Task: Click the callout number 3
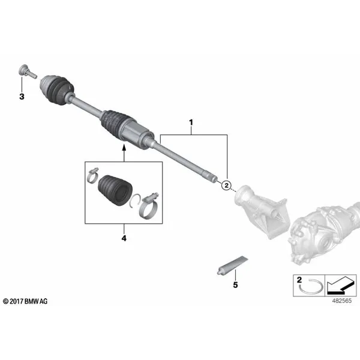pyautogui.click(x=22, y=97)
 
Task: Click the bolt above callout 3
pyautogui.click(x=27, y=71)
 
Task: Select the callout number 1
pyautogui.click(x=191, y=122)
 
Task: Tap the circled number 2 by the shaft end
pyautogui.click(x=226, y=185)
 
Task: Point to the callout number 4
pyautogui.click(x=124, y=238)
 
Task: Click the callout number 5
pyautogui.click(x=235, y=285)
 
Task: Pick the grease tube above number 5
pyautogui.click(x=232, y=265)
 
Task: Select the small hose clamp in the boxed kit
pyautogui.click(x=92, y=175)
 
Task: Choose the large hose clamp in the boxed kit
pyautogui.click(x=149, y=206)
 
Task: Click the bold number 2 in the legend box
pyautogui.click(x=299, y=280)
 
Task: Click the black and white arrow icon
pyautogui.click(x=340, y=286)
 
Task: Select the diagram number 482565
pyautogui.click(x=341, y=301)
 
